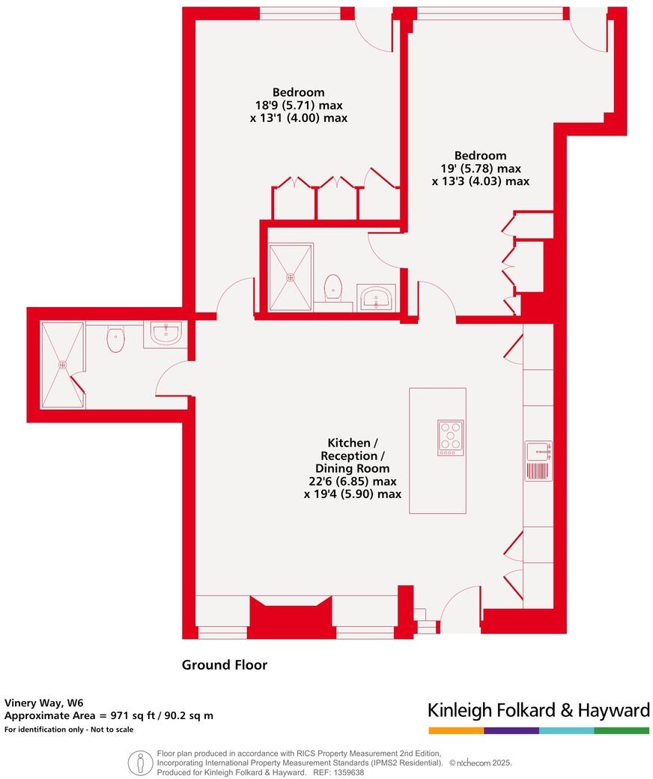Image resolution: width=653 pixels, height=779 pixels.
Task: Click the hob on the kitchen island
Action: pyautogui.click(x=451, y=437)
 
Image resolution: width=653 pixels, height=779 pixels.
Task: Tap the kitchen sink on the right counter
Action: pyautogui.click(x=538, y=451)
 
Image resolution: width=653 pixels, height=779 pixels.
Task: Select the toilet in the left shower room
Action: pyautogui.click(x=115, y=339)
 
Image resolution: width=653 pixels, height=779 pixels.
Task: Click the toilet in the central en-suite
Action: pyautogui.click(x=333, y=288)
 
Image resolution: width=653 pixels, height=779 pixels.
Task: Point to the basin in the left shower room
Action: pyautogui.click(x=165, y=333)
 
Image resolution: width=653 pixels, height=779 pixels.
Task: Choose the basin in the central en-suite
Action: pyautogui.click(x=377, y=297)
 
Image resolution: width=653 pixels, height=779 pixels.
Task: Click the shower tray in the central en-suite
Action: pyautogui.click(x=290, y=276)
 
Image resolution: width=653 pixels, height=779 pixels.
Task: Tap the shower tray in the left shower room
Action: pyautogui.click(x=63, y=365)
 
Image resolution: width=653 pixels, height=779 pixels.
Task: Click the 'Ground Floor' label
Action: pyautogui.click(x=225, y=664)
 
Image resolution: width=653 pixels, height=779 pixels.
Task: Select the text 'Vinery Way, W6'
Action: pyautogui.click(x=44, y=703)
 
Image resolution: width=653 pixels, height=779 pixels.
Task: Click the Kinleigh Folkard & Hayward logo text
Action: pyautogui.click(x=538, y=710)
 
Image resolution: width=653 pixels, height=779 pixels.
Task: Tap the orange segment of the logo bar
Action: pyautogui.click(x=456, y=730)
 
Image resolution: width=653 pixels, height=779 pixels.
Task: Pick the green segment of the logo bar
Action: pyautogui.click(x=622, y=730)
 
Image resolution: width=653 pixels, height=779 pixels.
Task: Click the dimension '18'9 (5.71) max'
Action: pyautogui.click(x=299, y=106)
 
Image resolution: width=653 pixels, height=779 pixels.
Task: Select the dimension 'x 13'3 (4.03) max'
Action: pyautogui.click(x=480, y=181)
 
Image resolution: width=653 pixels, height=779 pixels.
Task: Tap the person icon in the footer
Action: pyautogui.click(x=140, y=763)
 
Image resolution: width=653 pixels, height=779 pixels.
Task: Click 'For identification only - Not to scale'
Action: pyautogui.click(x=69, y=730)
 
